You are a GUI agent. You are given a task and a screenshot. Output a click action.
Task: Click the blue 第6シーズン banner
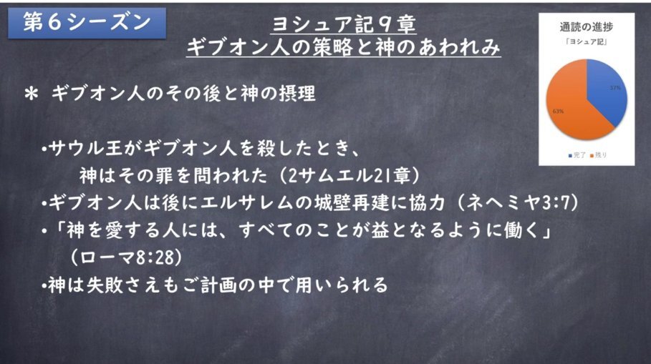coord(87,23)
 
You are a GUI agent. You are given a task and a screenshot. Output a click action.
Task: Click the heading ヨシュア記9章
coord(344,24)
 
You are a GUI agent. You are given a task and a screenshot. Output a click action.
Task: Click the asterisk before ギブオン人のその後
coord(32,94)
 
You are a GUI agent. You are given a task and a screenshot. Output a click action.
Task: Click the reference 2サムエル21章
coord(349,176)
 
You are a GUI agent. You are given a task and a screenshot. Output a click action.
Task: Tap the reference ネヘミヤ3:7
coord(521,202)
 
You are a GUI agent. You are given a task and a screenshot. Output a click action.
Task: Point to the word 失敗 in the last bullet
coord(105,285)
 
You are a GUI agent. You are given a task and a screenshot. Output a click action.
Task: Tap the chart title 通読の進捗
coord(587,27)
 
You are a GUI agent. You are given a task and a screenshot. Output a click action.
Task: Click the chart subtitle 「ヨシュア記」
coord(587,42)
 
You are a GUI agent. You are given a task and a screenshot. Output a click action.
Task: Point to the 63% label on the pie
coord(558,111)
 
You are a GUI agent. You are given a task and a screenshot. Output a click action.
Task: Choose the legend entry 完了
coord(577,155)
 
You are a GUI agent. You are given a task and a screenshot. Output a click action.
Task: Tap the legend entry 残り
coord(598,155)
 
